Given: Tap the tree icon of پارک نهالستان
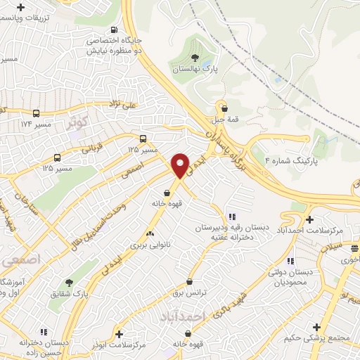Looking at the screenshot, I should tap(195, 58).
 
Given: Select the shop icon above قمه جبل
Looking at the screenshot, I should tap(224, 108).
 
